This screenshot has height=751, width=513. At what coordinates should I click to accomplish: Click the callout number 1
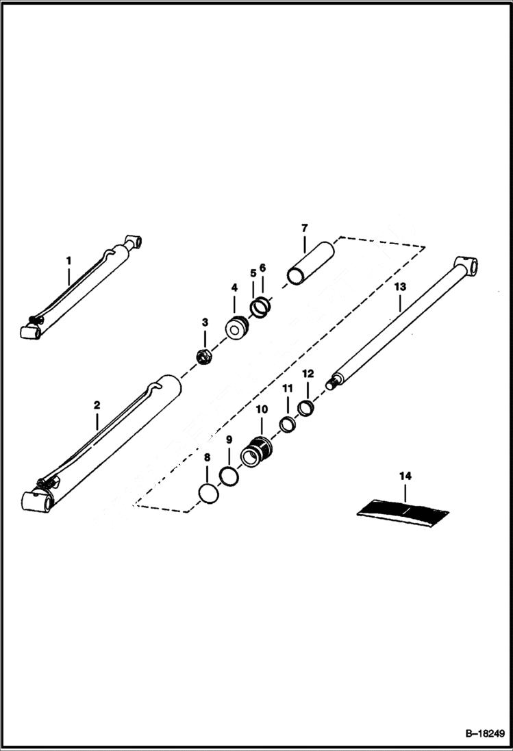(68, 260)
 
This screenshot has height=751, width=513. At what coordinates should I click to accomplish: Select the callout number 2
(97, 405)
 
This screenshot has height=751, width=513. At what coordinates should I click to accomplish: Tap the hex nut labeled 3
(203, 355)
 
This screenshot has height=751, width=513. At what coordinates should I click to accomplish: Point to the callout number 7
(304, 227)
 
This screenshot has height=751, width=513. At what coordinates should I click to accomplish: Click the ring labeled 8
(208, 492)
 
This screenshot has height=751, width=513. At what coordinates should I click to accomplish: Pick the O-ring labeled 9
(229, 474)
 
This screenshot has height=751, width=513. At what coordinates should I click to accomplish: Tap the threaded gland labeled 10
(258, 452)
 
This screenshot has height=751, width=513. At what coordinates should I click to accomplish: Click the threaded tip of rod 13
(331, 384)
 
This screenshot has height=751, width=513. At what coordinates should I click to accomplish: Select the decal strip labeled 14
(403, 509)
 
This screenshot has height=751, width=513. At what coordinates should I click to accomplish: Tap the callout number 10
(261, 409)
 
